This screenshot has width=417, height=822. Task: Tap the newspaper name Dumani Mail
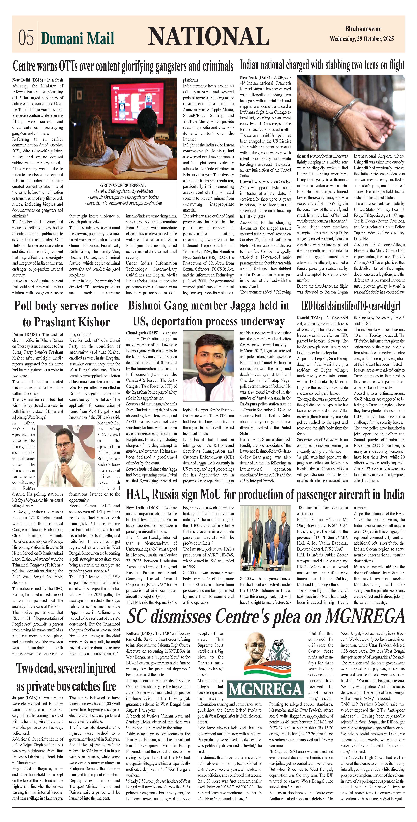click(x=77, y=38)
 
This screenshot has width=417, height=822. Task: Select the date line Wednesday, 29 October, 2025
click(x=362, y=39)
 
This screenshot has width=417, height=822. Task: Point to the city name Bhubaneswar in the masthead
click(x=363, y=29)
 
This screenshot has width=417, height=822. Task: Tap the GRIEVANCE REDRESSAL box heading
click(x=123, y=185)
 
